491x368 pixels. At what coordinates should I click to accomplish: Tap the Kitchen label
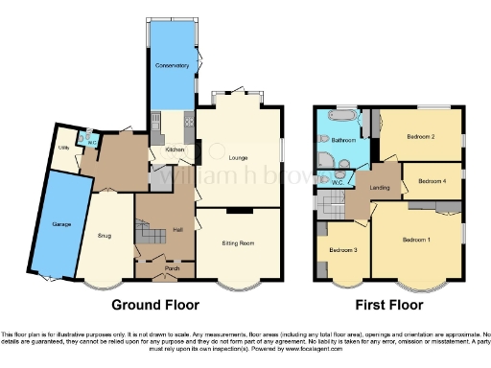175,149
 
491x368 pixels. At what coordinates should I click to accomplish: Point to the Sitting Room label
238,244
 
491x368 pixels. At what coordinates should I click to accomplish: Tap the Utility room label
63,149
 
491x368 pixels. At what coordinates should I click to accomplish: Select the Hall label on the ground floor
177,229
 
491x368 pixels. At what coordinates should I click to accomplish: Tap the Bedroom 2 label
420,137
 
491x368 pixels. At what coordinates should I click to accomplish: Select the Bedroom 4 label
432,180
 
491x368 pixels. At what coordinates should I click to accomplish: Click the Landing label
379,187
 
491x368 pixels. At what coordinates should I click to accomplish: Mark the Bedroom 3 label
342,250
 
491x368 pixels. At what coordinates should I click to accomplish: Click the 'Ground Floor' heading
155,306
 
